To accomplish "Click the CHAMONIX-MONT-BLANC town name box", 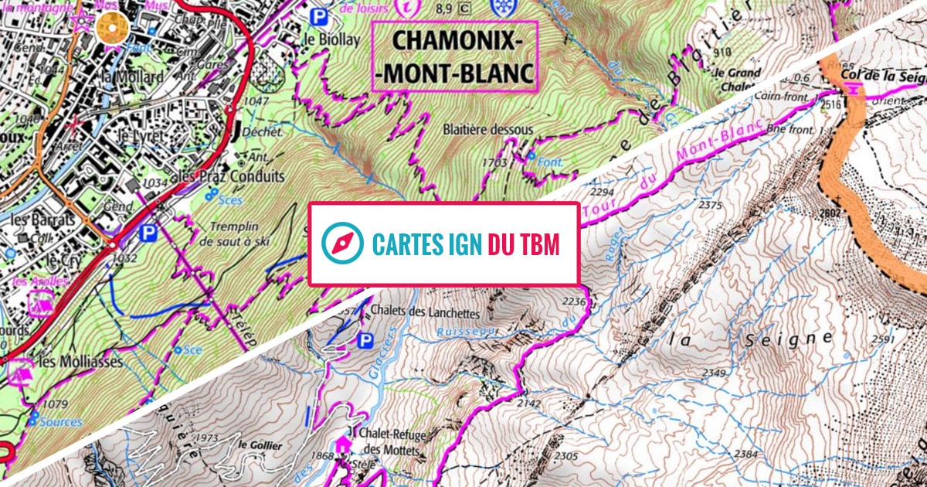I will [x=453, y=56].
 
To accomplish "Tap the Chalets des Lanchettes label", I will [x=425, y=314].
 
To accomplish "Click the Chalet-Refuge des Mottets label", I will [x=395, y=442].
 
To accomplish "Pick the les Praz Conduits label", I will [x=231, y=176].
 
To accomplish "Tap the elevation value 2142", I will [x=529, y=403].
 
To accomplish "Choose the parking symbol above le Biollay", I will [x=318, y=15].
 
